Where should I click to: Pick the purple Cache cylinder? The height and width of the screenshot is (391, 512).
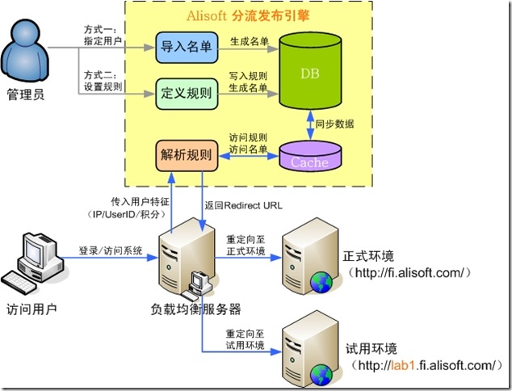click(309, 157)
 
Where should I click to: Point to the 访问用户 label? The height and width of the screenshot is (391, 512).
click(32, 309)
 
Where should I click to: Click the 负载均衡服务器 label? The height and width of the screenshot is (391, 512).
click(196, 309)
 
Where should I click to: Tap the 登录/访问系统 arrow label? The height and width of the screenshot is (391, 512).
click(110, 250)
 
